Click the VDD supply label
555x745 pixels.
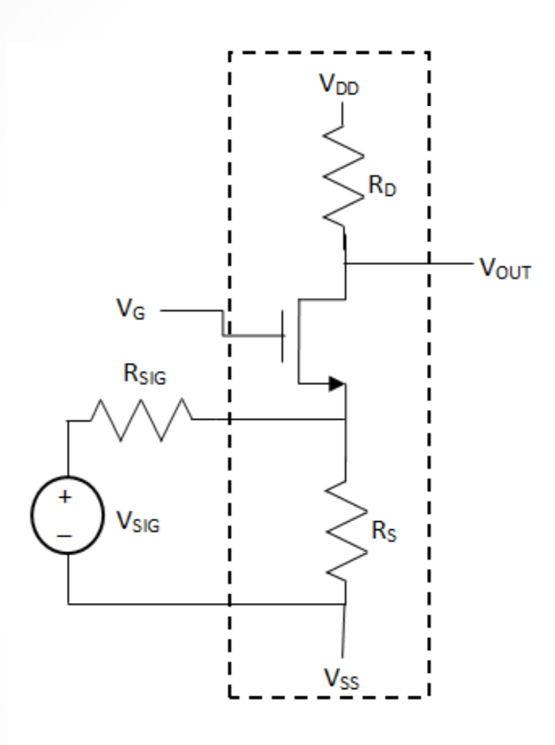pyautogui.click(x=340, y=84)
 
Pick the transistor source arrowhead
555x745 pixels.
pyautogui.click(x=337, y=384)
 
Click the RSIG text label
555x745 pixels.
pyautogui.click(x=144, y=378)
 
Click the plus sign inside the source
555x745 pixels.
pyautogui.click(x=66, y=497)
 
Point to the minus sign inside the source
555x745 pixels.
pyautogui.click(x=66, y=536)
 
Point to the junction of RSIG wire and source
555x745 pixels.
pyautogui.click(x=346, y=420)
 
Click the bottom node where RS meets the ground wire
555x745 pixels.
pyautogui.click(x=346, y=604)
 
